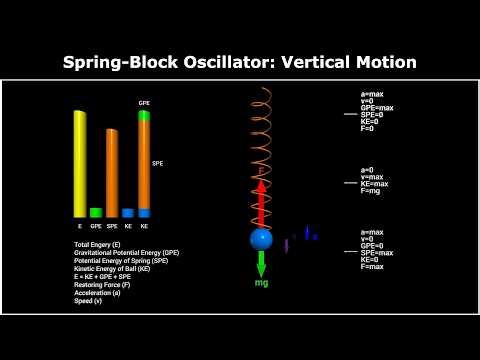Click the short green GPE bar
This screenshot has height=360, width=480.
point(96,213)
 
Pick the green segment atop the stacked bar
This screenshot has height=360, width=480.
point(144,116)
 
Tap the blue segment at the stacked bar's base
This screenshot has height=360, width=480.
point(144,213)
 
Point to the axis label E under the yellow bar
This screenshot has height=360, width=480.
point(80,227)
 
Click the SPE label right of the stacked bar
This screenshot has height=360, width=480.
point(158,163)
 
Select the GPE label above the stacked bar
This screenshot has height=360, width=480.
point(144,102)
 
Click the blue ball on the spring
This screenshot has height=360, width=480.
point(261,239)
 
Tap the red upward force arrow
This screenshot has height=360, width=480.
point(261,200)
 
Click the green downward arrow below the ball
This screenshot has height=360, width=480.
point(261,264)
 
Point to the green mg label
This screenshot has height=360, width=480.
point(261,284)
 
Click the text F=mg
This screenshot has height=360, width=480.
point(371,191)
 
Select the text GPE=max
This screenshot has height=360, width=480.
point(376,107)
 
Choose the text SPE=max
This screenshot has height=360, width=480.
point(376,253)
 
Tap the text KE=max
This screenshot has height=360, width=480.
point(375,184)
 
